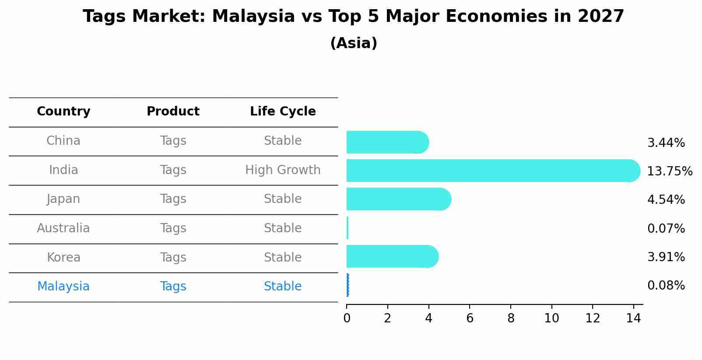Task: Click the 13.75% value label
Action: [670, 171]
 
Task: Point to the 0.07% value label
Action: [666, 228]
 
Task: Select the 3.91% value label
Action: [666, 257]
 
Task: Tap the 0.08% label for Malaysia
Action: [666, 286]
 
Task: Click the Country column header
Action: [63, 112]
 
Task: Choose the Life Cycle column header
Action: [283, 112]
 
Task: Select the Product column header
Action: [173, 112]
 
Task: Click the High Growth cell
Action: [283, 170]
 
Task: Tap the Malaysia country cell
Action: [63, 287]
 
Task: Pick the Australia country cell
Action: [63, 228]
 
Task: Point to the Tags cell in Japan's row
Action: [173, 199]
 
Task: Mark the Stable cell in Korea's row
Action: [283, 257]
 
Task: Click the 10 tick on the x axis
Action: [551, 318]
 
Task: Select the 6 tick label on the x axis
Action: [470, 318]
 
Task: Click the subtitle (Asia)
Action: [354, 43]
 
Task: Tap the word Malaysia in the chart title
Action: [253, 17]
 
